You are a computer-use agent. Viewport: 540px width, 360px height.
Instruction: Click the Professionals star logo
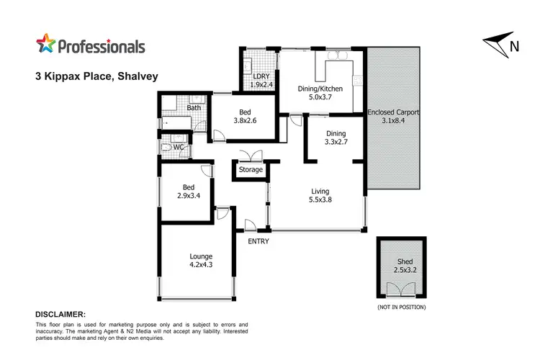click(x=47, y=45)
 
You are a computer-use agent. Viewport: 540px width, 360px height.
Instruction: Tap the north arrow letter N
click(x=514, y=48)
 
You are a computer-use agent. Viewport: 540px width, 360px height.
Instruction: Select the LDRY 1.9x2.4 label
click(x=260, y=80)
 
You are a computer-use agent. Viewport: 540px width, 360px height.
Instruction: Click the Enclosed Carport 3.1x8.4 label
click(x=393, y=117)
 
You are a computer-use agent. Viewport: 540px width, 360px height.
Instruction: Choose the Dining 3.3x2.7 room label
click(x=336, y=138)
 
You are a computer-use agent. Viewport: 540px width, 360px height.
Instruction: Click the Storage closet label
click(x=251, y=170)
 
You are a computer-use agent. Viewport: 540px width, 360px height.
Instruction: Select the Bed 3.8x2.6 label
click(x=244, y=116)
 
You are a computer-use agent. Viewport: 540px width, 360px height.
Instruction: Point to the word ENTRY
click(x=258, y=241)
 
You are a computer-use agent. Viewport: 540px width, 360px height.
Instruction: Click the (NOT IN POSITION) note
click(x=401, y=307)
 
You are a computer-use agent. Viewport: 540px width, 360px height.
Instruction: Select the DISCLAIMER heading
click(x=60, y=315)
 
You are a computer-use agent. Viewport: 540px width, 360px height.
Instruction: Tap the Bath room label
click(x=194, y=108)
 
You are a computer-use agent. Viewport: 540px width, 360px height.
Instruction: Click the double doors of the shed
click(x=400, y=291)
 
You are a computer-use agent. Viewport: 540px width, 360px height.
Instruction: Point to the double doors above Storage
click(x=251, y=156)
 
